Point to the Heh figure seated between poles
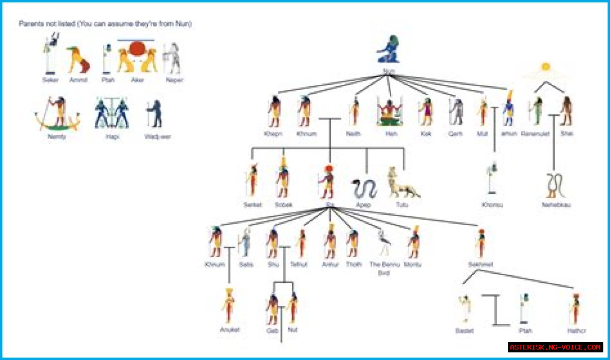pyautogui.click(x=389, y=112)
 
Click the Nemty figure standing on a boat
pyautogui.click(x=57, y=114)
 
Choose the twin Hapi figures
pyautogui.click(x=112, y=113)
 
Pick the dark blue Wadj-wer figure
pyautogui.click(x=155, y=113)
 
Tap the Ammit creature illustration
pyautogui.click(x=78, y=60)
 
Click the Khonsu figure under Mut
pyautogui.click(x=492, y=179)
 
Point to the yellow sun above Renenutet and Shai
pyautogui.click(x=546, y=67)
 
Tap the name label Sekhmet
pyautogui.click(x=480, y=264)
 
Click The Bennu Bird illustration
pyautogui.click(x=384, y=243)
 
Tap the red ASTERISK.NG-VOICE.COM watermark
pyautogui.click(x=556, y=347)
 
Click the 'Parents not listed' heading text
pyautogui.click(x=105, y=24)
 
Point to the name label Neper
pyautogui.click(x=174, y=80)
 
